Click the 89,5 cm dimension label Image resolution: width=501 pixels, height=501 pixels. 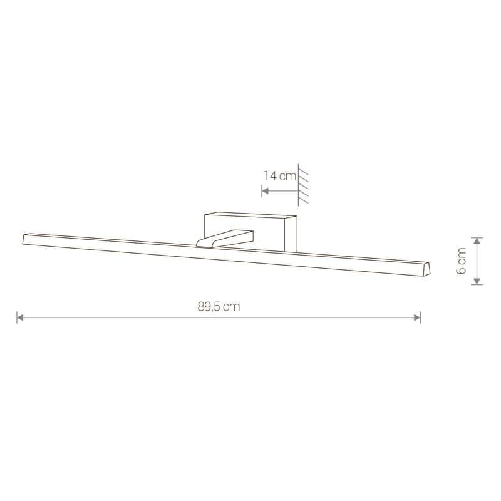point(219,306)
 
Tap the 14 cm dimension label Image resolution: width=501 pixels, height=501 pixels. point(280,176)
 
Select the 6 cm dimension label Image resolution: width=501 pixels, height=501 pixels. point(462,261)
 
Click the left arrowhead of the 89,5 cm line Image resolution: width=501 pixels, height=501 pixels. point(20,318)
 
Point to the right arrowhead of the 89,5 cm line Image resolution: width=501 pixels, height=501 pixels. point(417,318)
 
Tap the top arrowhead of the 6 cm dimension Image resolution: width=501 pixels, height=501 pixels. point(477,241)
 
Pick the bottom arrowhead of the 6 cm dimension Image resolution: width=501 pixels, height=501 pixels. point(477,281)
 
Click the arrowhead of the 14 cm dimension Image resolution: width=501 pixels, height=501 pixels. point(265,191)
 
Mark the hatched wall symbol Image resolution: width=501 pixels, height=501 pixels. point(303,185)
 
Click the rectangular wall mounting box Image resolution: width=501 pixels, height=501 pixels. point(250,232)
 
